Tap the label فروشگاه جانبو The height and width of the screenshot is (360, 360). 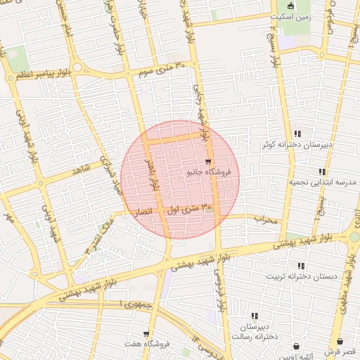pyautogui.click(x=207, y=172)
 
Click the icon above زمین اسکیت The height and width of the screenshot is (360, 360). pyautogui.click(x=290, y=6)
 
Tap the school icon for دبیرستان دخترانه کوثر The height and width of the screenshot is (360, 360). pyautogui.click(x=298, y=134)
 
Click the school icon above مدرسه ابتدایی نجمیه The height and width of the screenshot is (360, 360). pyautogui.click(x=322, y=171)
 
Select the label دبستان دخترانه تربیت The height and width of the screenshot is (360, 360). pyautogui.click(x=300, y=276)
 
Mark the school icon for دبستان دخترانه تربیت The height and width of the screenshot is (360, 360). pyautogui.click(x=302, y=266)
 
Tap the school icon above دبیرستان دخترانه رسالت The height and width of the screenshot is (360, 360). pyautogui.click(x=254, y=316)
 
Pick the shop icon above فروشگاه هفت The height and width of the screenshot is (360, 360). pyautogui.click(x=146, y=334)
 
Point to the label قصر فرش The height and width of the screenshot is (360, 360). pyautogui.click(x=342, y=351)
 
